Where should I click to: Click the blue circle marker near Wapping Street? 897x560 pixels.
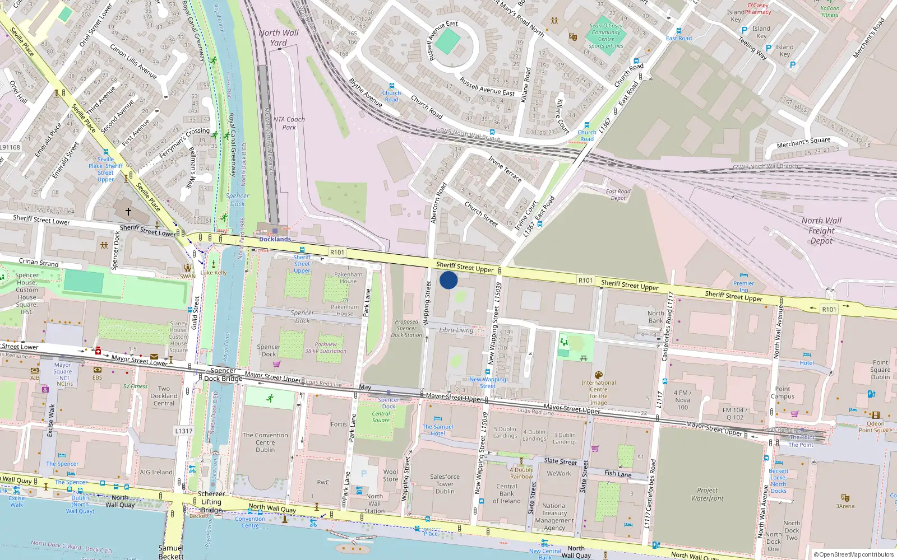[449, 280]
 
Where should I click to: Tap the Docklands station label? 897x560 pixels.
[275, 239]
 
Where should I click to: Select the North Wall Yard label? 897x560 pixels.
[279, 38]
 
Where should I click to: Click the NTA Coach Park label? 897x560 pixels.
[289, 123]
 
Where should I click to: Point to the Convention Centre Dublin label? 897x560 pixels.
[265, 442]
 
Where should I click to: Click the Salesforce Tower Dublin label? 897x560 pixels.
[445, 484]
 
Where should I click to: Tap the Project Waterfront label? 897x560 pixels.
[707, 494]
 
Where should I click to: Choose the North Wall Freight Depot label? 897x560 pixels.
[821, 231]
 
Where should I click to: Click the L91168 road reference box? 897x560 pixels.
[10, 147]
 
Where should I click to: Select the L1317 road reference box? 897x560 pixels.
[183, 431]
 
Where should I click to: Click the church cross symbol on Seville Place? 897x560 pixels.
[128, 212]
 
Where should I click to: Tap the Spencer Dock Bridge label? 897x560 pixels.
[223, 375]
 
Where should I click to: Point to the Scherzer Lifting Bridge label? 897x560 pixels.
[211, 502]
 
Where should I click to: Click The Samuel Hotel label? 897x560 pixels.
[438, 430]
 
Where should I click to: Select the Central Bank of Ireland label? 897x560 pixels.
[507, 494]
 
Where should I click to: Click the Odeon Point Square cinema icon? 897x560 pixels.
[875, 415]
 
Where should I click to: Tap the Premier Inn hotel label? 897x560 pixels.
[743, 287]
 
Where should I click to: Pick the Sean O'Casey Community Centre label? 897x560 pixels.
[606, 36]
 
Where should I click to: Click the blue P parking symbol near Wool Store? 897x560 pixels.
[364, 474]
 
